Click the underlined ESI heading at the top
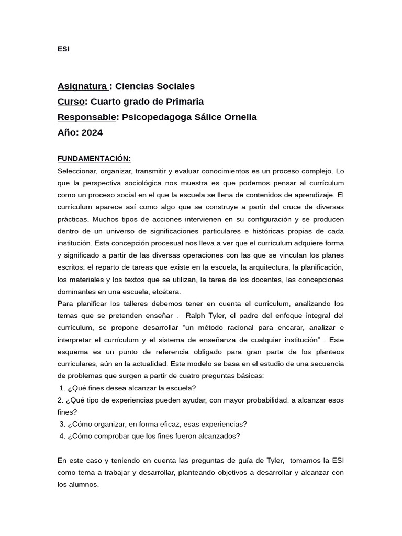tap(63, 49)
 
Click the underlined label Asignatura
tap(82, 86)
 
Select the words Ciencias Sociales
tap(154, 86)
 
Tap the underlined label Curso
tap(71, 102)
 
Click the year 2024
tap(92, 132)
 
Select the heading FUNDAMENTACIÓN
tap(94, 159)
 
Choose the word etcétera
tap(164, 292)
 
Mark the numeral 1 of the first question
tap(62, 388)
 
